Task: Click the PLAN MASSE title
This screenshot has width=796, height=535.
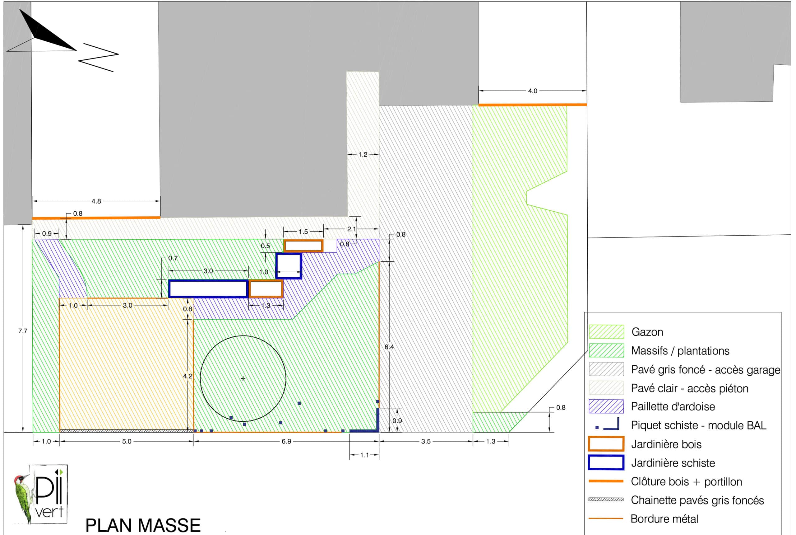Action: (143, 525)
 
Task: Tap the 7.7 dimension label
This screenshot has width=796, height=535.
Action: (23, 331)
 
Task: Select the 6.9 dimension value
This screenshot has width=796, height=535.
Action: (286, 441)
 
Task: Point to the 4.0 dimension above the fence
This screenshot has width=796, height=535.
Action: (533, 91)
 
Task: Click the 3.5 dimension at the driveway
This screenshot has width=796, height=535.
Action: (426, 441)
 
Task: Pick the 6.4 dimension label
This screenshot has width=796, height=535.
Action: (389, 347)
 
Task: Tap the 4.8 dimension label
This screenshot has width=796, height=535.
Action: (96, 201)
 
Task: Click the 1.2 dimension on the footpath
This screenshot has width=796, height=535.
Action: (363, 155)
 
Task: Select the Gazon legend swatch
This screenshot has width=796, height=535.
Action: (606, 332)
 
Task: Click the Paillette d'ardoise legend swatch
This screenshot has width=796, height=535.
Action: (606, 406)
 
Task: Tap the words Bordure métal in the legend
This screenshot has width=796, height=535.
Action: (664, 519)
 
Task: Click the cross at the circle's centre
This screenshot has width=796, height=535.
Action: (243, 378)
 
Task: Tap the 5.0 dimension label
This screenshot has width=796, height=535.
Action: (127, 441)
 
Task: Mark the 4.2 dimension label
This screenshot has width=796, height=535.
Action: (187, 376)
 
